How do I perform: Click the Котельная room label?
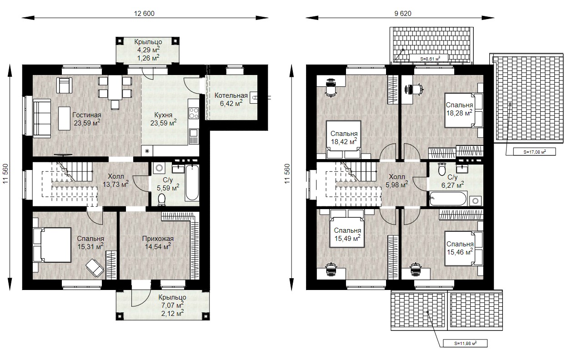point(231,95)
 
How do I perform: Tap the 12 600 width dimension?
point(144,13)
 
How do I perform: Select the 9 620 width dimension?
point(403,13)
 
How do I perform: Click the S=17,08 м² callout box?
point(534,152)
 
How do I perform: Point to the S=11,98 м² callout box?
point(465,343)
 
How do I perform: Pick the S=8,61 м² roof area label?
point(429,59)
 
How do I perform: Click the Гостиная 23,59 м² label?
point(87,119)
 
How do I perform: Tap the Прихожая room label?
point(158,239)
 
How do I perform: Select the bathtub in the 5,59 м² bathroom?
point(192,183)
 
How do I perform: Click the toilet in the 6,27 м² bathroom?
point(442,169)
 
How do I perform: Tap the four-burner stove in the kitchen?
point(194,113)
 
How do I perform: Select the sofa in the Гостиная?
point(42,118)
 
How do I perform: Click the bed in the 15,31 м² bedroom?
point(52,245)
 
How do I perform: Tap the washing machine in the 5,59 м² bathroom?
point(159,168)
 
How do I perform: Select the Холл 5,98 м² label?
point(397,181)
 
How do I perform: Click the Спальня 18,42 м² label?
point(344,138)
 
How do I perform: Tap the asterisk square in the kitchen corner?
point(147,151)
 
